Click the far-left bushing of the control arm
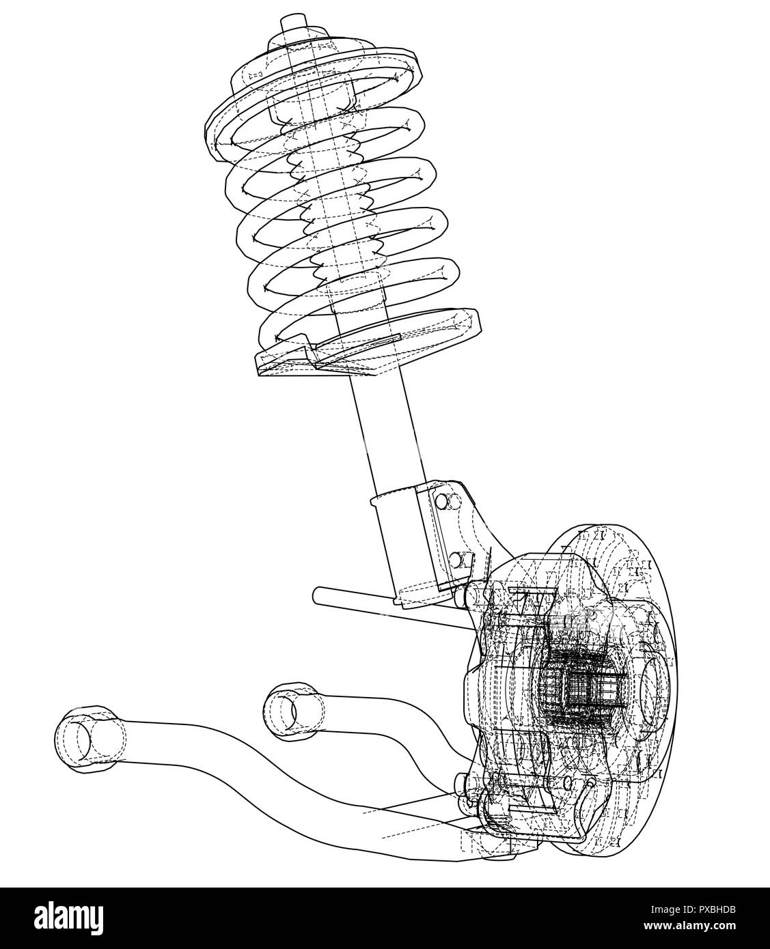pyautogui.click(x=84, y=739)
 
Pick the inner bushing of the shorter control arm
pyautogui.click(x=286, y=712)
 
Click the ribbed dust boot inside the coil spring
pyautogui.click(x=328, y=205)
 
